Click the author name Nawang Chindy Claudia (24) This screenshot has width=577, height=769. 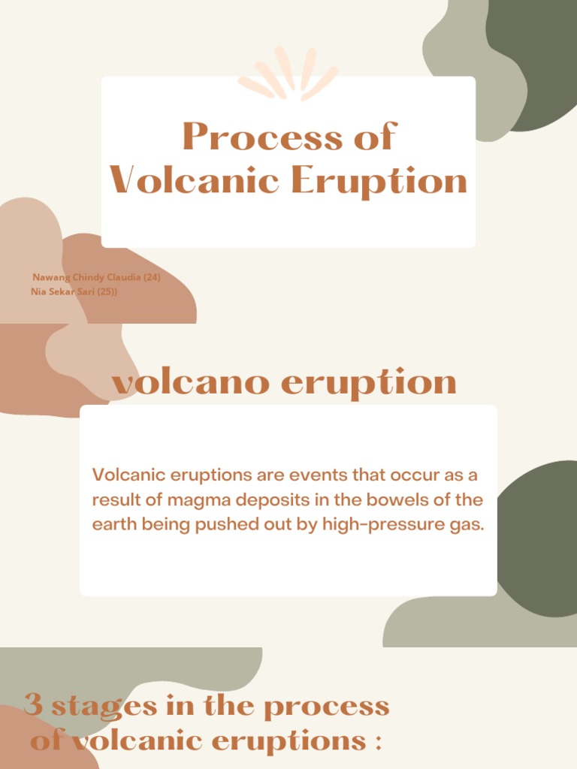[96, 277]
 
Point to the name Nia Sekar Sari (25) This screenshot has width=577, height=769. [74, 291]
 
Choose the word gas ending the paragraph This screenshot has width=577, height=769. [466, 524]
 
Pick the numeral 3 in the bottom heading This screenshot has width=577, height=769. [33, 706]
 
